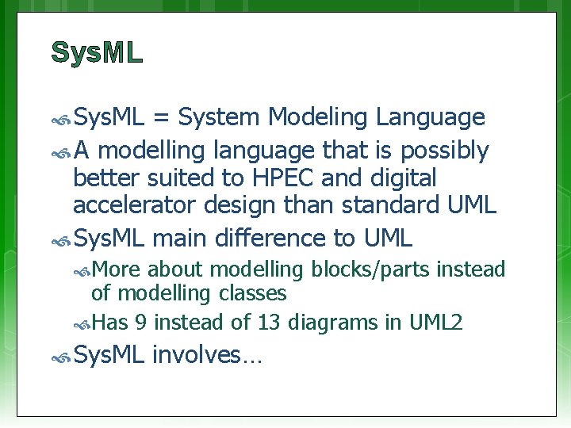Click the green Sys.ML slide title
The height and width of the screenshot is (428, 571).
tap(97, 52)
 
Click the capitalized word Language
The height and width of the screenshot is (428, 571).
tap(430, 118)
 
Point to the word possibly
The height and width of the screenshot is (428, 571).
tap(445, 150)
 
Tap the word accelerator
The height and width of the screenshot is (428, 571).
tap(135, 205)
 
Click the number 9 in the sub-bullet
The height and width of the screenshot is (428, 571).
tap(140, 323)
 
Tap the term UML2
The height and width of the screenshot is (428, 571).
tap(435, 323)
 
